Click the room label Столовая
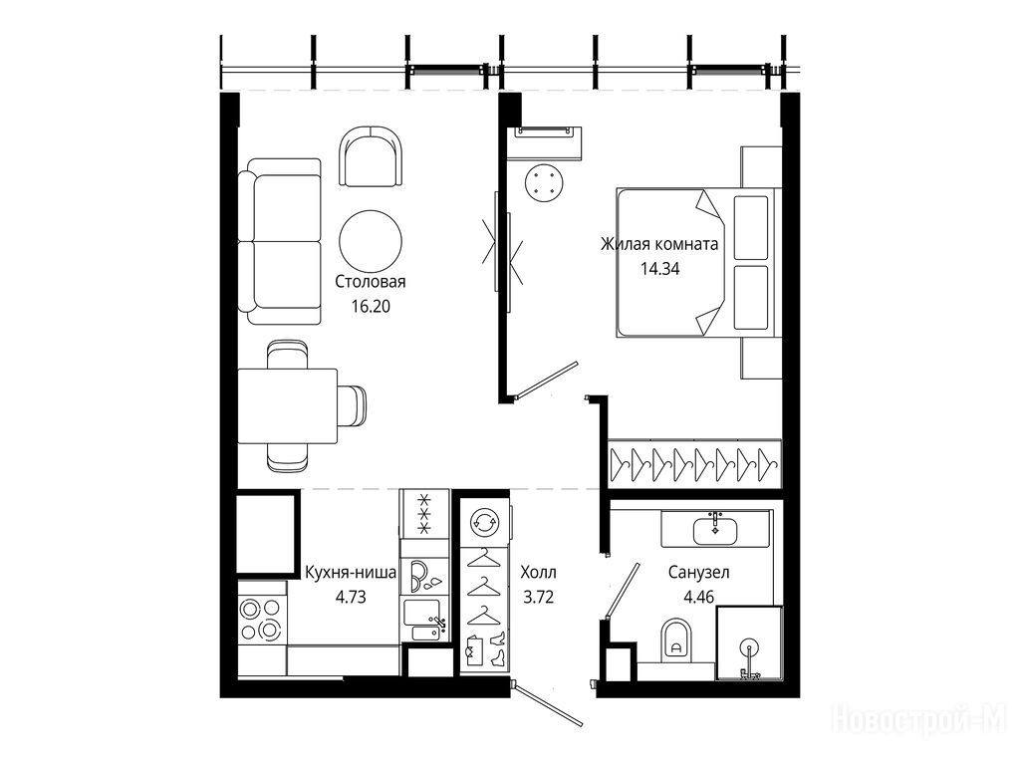(x=371, y=282)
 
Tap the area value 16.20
(x=371, y=306)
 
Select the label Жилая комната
(x=659, y=245)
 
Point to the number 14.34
(x=659, y=269)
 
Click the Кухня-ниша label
(x=351, y=573)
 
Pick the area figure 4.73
(x=351, y=597)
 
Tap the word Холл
(x=538, y=573)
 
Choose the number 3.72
(x=539, y=597)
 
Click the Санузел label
(x=698, y=573)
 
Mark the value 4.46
(x=698, y=597)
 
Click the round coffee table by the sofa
(x=371, y=241)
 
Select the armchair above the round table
(x=371, y=156)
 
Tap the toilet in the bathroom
(x=675, y=638)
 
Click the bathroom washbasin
(x=715, y=529)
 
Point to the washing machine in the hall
(x=484, y=522)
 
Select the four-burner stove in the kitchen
(x=261, y=620)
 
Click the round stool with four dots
(x=543, y=182)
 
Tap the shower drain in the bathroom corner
(x=750, y=647)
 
